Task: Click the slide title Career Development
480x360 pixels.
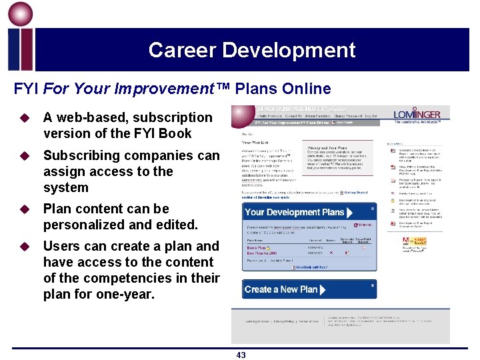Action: point(252,50)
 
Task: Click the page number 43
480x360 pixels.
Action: point(241,355)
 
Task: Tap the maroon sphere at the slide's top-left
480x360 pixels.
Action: point(20,15)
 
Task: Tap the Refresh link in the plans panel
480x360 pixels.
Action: point(363,225)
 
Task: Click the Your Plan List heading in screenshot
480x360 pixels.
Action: point(256,142)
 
